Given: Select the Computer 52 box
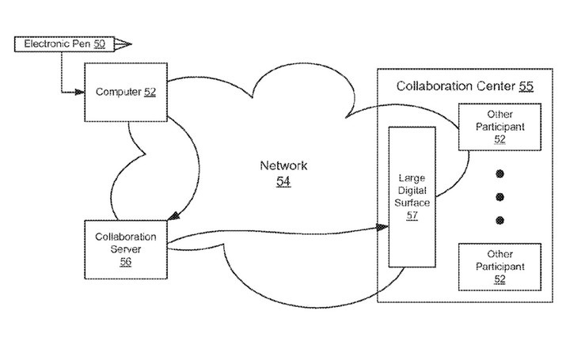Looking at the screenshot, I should [125, 92].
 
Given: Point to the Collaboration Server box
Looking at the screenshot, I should [125, 249].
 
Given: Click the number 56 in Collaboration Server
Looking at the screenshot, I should [125, 262].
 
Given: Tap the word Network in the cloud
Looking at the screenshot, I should [283, 166].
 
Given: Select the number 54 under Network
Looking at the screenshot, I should [283, 182].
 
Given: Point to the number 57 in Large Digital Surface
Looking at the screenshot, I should [412, 216].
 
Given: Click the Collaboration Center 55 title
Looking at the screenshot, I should [464, 85].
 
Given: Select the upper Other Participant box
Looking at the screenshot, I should [495, 127].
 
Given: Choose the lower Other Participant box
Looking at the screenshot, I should [495, 267].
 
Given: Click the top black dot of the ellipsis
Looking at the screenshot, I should [499, 172].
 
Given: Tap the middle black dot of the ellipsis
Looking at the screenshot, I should [499, 195].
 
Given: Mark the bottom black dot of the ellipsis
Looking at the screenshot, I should [499, 219].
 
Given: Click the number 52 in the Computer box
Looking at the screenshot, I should [150, 92].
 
